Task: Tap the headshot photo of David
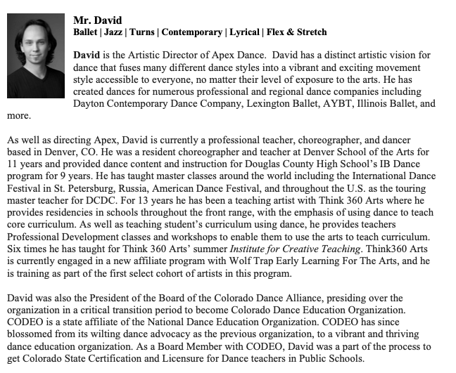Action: (36, 56)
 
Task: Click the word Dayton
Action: (89, 103)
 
